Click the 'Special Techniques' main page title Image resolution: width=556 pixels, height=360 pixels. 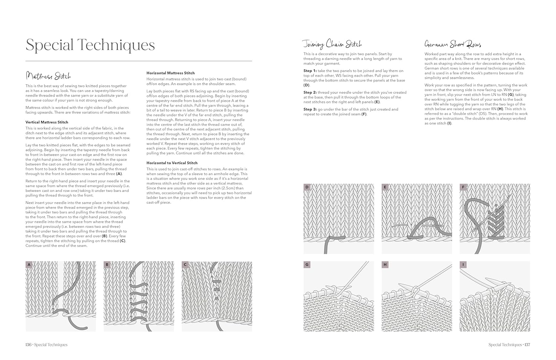click(90, 45)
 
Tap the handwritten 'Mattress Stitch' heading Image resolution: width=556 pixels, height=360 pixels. click(48, 76)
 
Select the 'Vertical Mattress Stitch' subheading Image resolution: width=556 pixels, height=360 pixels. click(47, 122)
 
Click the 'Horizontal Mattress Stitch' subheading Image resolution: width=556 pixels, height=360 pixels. click(171, 73)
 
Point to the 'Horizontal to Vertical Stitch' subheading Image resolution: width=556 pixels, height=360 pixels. click(172, 163)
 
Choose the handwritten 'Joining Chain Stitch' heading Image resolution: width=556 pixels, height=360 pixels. click(332, 44)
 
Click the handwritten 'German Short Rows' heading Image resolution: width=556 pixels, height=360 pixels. click(453, 44)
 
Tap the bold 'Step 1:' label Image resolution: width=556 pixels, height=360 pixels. click(310, 71)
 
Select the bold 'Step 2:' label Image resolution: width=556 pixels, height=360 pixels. click(310, 93)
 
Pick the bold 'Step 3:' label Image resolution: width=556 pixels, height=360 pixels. click(310, 109)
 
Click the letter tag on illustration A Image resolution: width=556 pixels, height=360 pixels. click(29, 265)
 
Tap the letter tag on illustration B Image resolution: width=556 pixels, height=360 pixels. click(107, 265)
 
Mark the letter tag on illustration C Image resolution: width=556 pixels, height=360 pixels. click(185, 265)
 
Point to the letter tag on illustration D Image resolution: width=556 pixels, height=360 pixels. click(307, 187)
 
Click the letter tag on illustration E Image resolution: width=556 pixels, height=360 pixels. click(385, 187)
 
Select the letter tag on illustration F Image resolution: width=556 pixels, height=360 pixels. click(463, 187)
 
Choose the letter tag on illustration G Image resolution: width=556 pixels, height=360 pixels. click(307, 265)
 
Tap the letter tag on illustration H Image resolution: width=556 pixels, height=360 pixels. click(385, 265)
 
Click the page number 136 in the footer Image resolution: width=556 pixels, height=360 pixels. click(28, 345)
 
